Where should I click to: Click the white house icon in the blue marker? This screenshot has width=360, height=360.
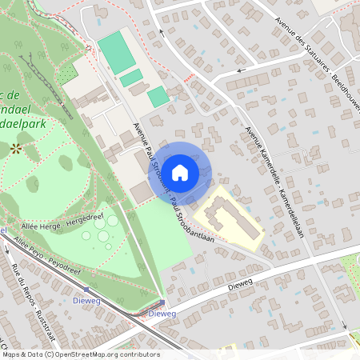click(180, 172)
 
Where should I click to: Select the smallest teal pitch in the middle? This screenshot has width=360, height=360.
click(132, 78)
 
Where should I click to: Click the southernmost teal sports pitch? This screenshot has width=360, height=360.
click(158, 97)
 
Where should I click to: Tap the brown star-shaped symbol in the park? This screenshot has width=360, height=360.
click(16, 148)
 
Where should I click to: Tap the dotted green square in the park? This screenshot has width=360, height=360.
click(67, 73)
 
